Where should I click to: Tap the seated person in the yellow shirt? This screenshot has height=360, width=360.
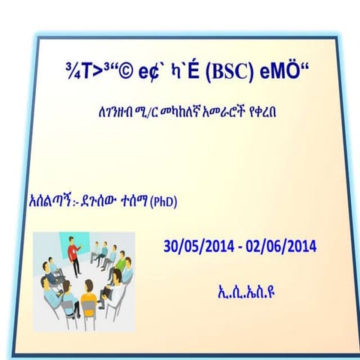66,304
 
